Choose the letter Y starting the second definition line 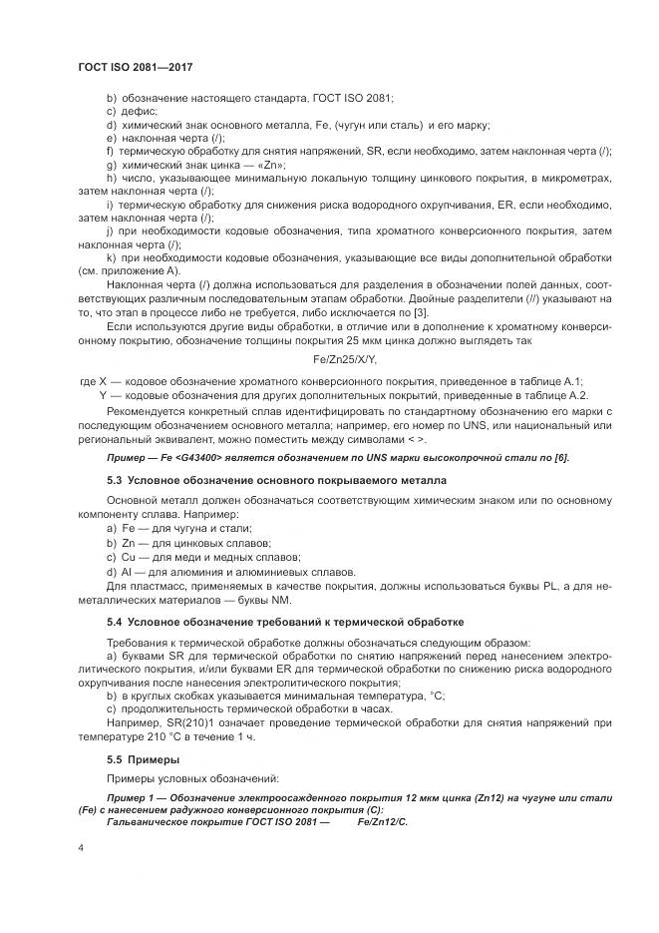click(103, 395)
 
